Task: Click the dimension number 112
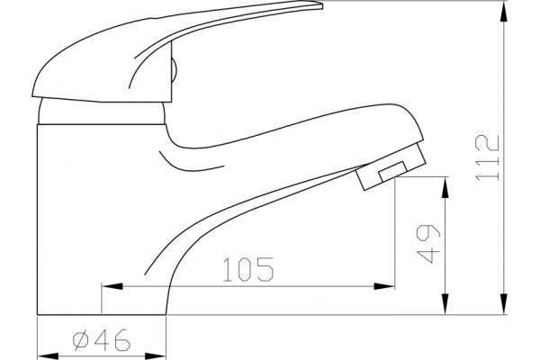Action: [x=487, y=157]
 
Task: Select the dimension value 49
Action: [x=428, y=244]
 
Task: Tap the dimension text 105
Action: [x=248, y=269]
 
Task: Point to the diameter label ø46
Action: [x=101, y=339]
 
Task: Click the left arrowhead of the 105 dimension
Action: [x=112, y=286]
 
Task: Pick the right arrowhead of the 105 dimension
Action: [x=384, y=286]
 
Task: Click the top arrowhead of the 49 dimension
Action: [x=445, y=187]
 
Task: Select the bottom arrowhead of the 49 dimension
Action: [x=445, y=304]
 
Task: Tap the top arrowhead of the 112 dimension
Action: [x=504, y=12]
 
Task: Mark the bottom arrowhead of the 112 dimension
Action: [x=504, y=304]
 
